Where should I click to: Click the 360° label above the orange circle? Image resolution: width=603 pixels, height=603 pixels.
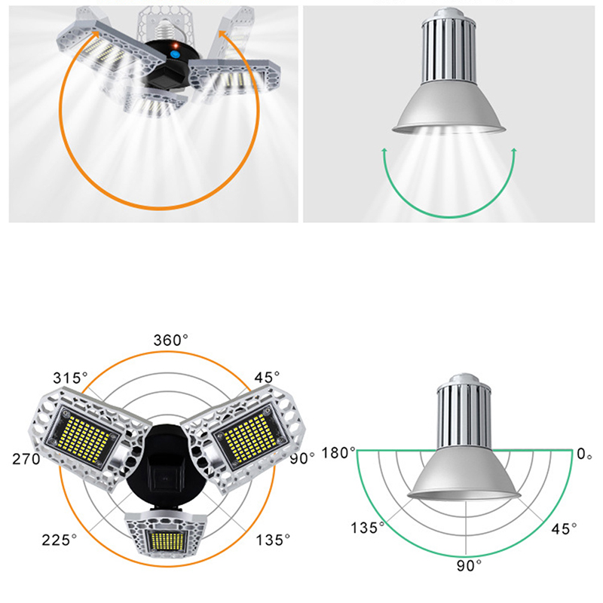171,340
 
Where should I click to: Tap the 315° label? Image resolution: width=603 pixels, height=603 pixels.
70,378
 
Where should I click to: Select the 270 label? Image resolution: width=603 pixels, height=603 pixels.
26,459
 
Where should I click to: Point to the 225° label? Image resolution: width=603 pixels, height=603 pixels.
60,540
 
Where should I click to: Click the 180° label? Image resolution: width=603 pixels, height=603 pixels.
338,453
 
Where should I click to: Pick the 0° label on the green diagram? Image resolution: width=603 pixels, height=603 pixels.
584,454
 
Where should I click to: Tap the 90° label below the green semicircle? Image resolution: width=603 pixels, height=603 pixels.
469,566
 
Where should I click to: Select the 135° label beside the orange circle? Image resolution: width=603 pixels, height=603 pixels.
273,540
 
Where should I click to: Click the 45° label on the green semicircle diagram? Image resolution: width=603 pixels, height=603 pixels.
564,529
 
